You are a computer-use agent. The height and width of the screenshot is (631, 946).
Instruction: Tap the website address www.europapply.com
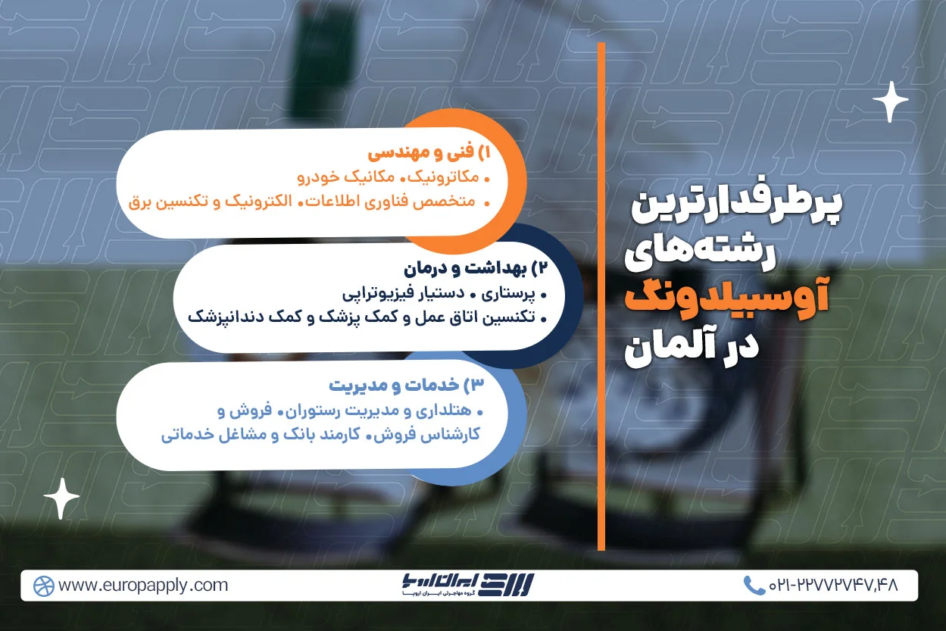click(x=143, y=585)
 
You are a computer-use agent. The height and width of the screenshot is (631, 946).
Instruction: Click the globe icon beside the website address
click(x=43, y=586)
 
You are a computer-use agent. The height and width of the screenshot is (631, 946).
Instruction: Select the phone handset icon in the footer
click(x=753, y=585)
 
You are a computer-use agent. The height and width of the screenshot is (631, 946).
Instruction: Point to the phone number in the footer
click(x=833, y=585)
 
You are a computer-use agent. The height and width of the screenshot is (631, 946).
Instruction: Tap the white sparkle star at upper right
click(x=890, y=102)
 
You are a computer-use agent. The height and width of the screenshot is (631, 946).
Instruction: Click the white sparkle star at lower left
click(x=61, y=499)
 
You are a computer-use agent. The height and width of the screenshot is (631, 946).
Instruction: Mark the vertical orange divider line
click(x=601, y=295)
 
